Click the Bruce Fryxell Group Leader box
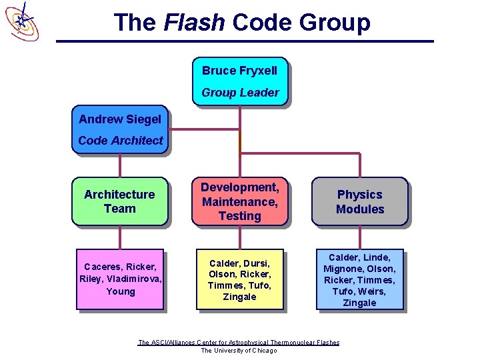pyautogui.click(x=239, y=81)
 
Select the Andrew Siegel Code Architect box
pyautogui.click(x=120, y=129)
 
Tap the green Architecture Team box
pyautogui.click(x=119, y=201)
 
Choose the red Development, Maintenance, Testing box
pyautogui.click(x=239, y=201)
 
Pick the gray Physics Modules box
pyautogui.click(x=360, y=201)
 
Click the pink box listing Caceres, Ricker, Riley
pyautogui.click(x=120, y=279)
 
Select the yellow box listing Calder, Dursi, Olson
pyautogui.click(x=239, y=279)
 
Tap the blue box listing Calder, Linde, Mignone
pyautogui.click(x=360, y=279)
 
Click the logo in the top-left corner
pyautogui.click(x=22, y=21)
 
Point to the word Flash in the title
pyautogui.click(x=194, y=23)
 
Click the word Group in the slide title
pyautogui.click(x=335, y=23)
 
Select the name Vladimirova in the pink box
pyautogui.click(x=138, y=279)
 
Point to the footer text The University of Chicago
pyautogui.click(x=239, y=351)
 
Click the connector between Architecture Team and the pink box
pyautogui.click(x=120, y=238)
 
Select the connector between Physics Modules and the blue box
pyautogui.click(x=360, y=238)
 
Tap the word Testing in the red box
pyautogui.click(x=239, y=216)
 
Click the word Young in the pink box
pyautogui.click(x=120, y=291)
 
